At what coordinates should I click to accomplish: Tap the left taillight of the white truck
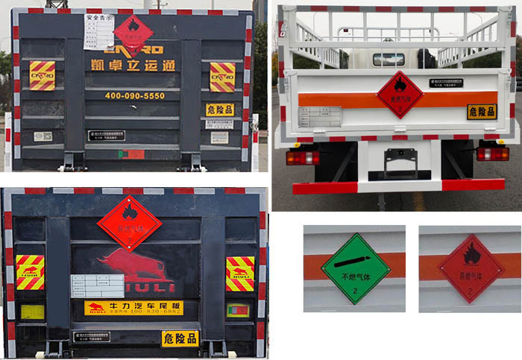302,157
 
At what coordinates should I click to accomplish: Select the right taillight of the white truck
492,154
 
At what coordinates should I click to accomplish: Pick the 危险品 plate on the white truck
482,112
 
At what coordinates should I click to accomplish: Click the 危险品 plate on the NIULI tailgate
180,338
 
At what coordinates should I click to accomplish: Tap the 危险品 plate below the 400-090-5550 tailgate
220,110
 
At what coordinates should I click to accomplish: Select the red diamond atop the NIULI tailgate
129,222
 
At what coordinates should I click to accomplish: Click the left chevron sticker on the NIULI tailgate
31,273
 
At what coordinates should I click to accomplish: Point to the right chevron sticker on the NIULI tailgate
240,273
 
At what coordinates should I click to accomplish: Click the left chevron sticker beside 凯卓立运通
42,76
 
